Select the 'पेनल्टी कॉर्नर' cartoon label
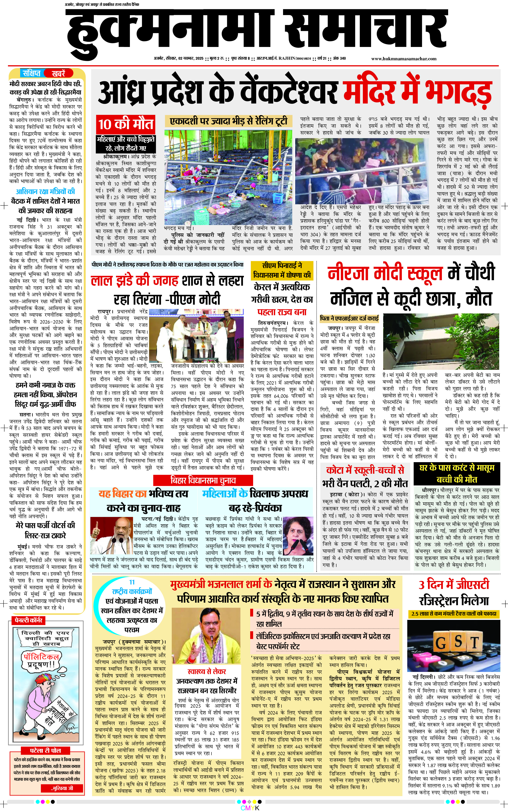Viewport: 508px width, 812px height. [x=28, y=620]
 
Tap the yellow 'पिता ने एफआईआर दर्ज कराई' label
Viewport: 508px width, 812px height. [x=349, y=318]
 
